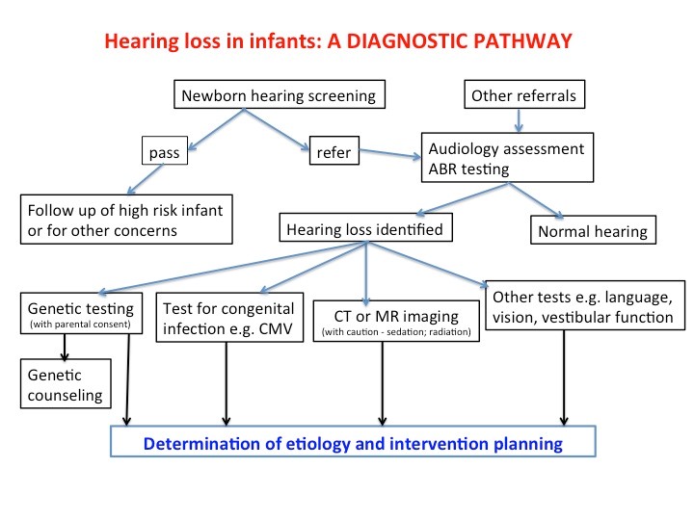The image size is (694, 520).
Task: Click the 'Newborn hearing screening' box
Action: (x=280, y=94)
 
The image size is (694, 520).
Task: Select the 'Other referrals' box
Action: (x=524, y=94)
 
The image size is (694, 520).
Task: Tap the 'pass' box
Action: (x=165, y=150)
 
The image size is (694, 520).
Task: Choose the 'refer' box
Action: (x=334, y=150)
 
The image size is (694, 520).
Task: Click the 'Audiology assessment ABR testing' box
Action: (x=507, y=157)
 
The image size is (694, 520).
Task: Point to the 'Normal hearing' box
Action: (x=593, y=230)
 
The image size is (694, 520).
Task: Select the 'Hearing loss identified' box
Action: (x=365, y=227)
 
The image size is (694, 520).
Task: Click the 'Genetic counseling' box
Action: (x=66, y=383)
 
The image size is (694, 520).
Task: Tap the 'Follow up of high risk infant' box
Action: (x=126, y=220)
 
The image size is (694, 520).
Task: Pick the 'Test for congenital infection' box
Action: (x=229, y=318)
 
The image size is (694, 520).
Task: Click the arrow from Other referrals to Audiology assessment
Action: (x=519, y=120)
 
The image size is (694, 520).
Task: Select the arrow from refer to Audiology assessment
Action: (x=390, y=154)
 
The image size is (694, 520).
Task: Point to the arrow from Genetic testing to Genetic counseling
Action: (x=65, y=347)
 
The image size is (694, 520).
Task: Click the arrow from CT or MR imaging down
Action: (x=383, y=384)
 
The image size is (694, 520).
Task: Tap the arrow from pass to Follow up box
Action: (x=146, y=179)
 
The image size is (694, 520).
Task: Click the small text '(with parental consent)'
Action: (x=80, y=325)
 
